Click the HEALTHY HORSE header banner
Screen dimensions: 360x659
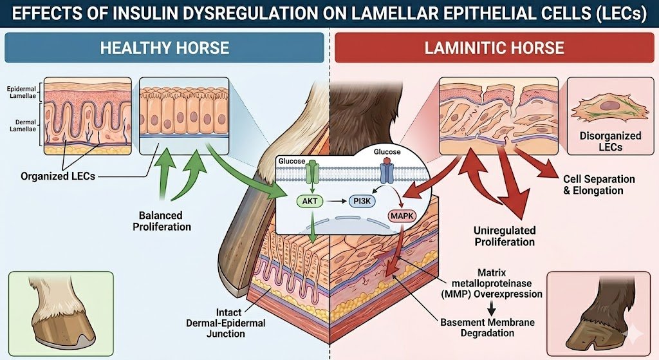(x=164, y=48)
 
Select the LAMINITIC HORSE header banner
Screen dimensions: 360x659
(x=494, y=48)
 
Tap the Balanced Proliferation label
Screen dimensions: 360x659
(x=161, y=221)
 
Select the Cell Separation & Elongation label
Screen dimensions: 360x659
(x=599, y=185)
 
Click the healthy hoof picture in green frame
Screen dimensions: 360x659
(x=60, y=305)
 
